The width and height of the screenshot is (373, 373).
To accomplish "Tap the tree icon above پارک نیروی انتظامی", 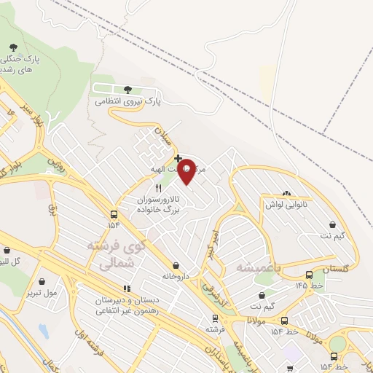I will pos(128,90).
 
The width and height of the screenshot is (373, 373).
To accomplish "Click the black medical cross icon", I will pos(178,158).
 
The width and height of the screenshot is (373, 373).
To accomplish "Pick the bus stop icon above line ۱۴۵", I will pos(310,275).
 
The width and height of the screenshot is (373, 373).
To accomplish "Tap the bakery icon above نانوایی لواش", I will pos(286,194).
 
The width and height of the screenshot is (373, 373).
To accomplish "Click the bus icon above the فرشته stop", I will pos(214,318).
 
